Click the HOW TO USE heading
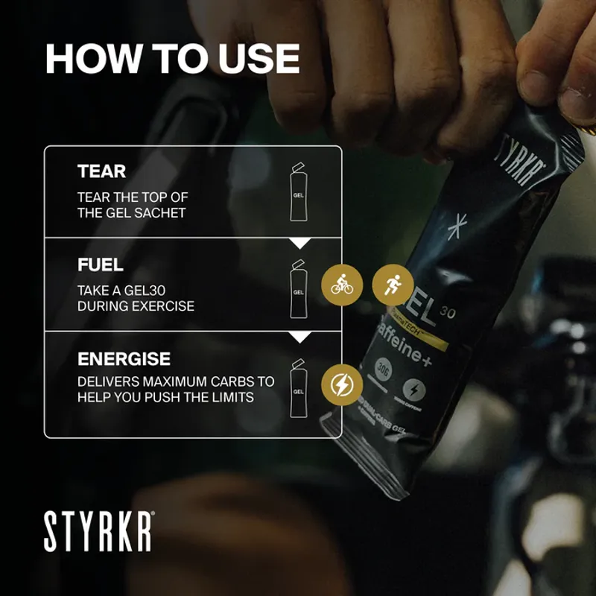point(172,59)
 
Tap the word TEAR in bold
point(102,171)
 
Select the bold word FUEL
point(101,264)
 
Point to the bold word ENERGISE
point(124,358)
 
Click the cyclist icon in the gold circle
point(342,285)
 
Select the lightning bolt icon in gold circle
point(342,384)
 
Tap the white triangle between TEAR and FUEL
point(299,243)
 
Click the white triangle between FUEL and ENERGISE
point(299,337)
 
